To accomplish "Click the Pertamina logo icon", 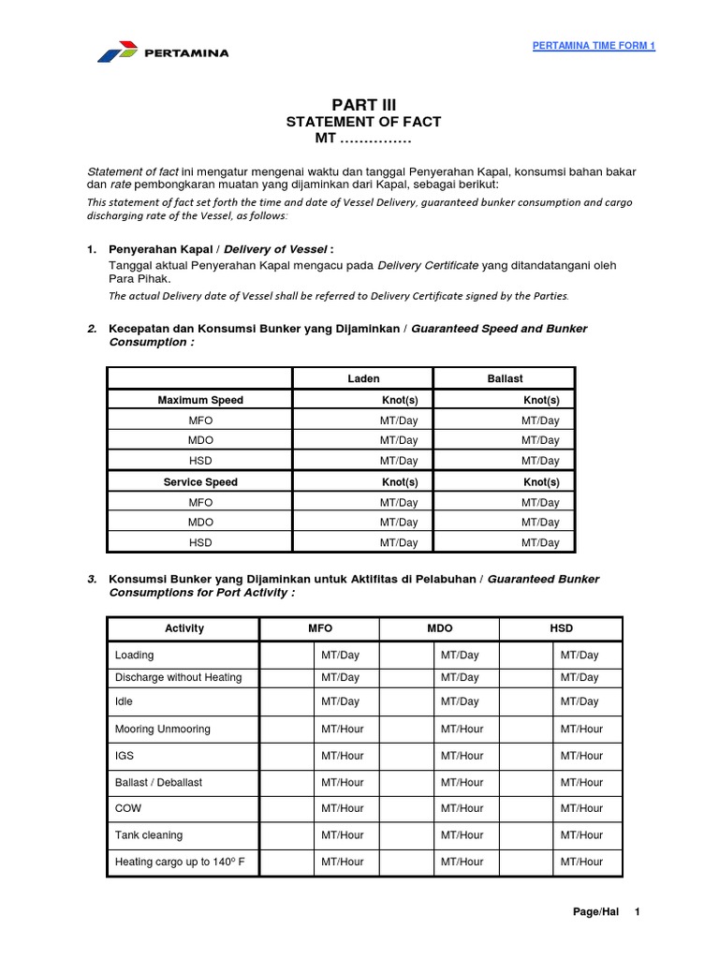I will pyautogui.click(x=119, y=52).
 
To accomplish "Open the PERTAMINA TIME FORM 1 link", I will pyautogui.click(x=594, y=47).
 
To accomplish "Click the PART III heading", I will pyautogui.click(x=359, y=104).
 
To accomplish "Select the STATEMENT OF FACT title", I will pyautogui.click(x=362, y=122).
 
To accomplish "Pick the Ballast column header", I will pyautogui.click(x=505, y=378).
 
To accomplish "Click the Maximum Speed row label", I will pyautogui.click(x=200, y=400).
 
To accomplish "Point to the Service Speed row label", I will pyautogui.click(x=200, y=482).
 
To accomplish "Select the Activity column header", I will pyautogui.click(x=183, y=628).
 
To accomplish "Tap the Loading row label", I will pyautogui.click(x=134, y=656).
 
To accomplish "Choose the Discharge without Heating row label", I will pyautogui.click(x=178, y=677).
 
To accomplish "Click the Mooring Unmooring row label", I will pyautogui.click(x=162, y=729).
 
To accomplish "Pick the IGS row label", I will pyautogui.click(x=125, y=756).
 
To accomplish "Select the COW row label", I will pyautogui.click(x=127, y=808).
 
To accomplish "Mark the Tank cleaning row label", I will pyautogui.click(x=148, y=834).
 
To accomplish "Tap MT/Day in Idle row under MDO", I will pyautogui.click(x=460, y=701).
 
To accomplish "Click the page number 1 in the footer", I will pyautogui.click(x=637, y=912).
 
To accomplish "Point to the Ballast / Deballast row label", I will pyautogui.click(x=158, y=782).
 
